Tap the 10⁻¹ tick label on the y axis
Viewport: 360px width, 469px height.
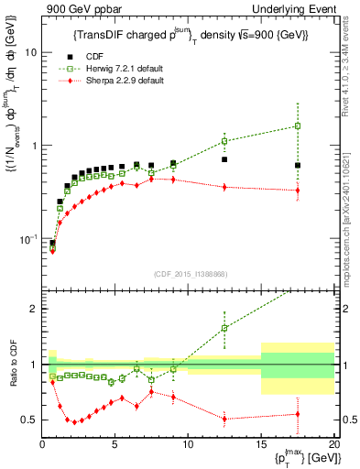27,240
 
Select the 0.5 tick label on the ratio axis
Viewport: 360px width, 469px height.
29,420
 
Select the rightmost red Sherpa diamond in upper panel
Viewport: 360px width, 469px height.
297,191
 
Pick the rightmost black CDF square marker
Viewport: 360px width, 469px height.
297,165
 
